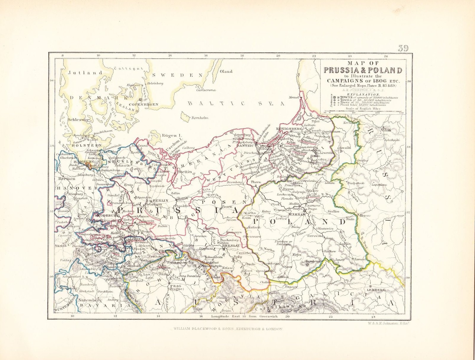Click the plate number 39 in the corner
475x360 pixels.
(403, 48)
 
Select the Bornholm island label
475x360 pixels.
(200, 118)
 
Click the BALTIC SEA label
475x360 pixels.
(236, 103)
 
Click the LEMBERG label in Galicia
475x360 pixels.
(376, 290)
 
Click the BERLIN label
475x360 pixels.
(161, 200)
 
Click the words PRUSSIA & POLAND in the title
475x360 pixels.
(363, 70)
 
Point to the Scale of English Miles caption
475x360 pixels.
(363, 109)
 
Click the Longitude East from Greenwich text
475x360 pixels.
(244, 317)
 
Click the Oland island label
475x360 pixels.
(226, 72)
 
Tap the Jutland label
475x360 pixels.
(85, 72)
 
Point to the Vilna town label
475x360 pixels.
(386, 130)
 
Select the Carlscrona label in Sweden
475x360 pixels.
(206, 90)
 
